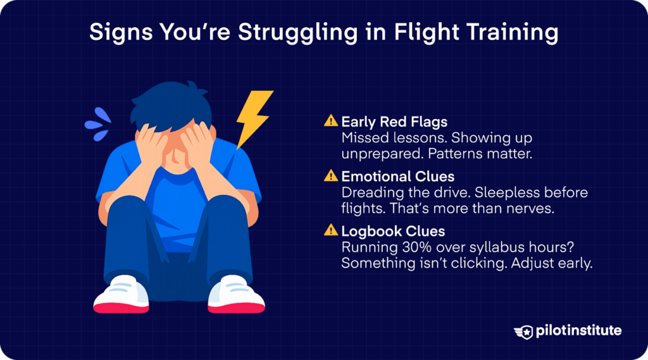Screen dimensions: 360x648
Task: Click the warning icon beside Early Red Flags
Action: tap(331, 120)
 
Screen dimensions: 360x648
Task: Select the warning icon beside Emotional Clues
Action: tap(331, 175)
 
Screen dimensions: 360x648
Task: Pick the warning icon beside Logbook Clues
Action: tap(331, 231)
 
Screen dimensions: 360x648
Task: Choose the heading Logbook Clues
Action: tap(384, 231)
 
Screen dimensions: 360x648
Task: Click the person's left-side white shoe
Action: tap(121, 295)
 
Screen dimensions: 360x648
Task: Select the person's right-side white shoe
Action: tap(236, 295)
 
